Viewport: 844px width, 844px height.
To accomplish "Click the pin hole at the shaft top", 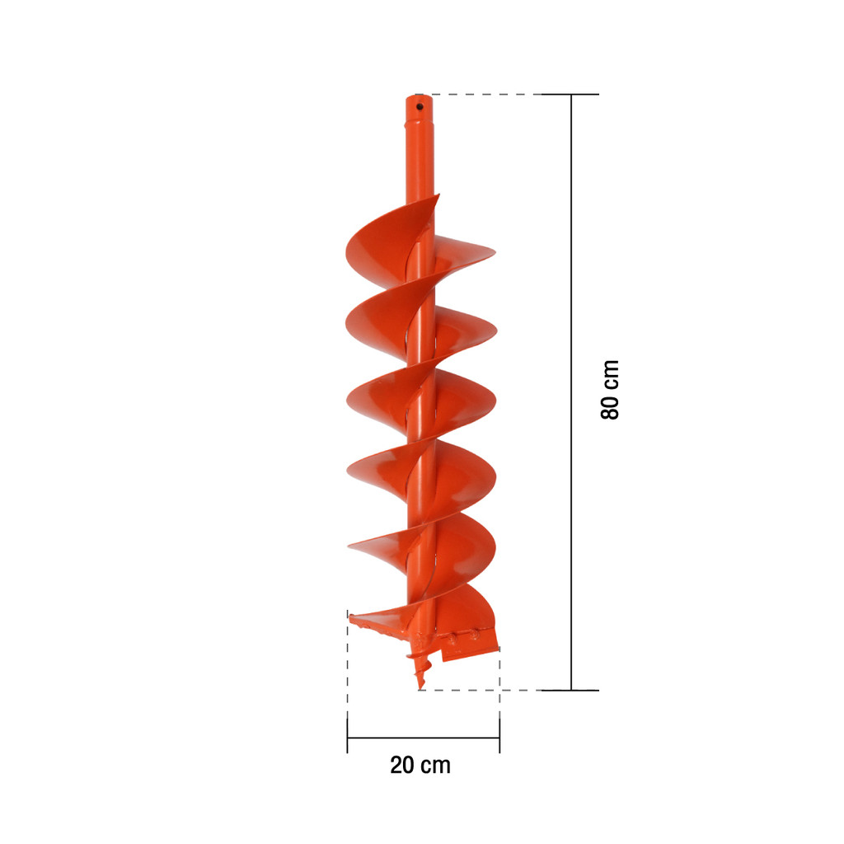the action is point(420,106).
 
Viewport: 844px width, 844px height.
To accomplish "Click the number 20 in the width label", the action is point(402,765).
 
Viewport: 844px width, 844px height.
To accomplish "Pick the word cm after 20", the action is point(435,766).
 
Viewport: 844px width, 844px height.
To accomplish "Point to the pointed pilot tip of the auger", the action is point(420,687).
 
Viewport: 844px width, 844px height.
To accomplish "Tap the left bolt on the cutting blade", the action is point(452,639).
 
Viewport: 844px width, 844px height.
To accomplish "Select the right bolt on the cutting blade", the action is point(474,635).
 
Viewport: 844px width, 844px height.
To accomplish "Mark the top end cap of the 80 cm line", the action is point(571,94).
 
